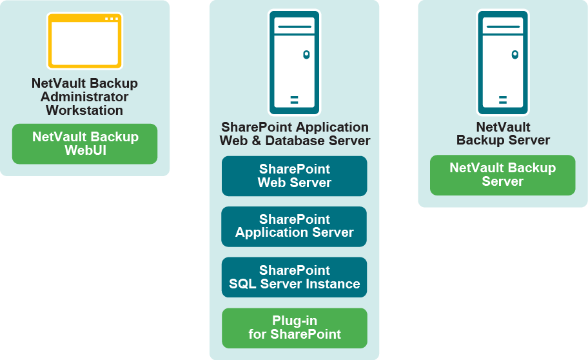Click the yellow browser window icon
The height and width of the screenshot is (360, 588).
pos(84,41)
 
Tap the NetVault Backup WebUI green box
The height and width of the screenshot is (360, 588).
pos(84,143)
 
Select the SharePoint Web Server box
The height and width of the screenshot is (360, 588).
pos(294,175)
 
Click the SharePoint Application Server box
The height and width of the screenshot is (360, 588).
pos(294,226)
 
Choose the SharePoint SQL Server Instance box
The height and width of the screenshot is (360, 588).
pos(294,277)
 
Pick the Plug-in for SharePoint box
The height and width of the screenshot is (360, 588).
pos(294,328)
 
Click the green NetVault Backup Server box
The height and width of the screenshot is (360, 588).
pos(502,174)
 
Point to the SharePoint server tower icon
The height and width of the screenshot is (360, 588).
pos(294,62)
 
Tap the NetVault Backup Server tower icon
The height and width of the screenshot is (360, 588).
pos(503,62)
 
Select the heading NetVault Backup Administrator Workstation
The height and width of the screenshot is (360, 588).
pos(84,97)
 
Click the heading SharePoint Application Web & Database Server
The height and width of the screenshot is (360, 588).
pos(295,134)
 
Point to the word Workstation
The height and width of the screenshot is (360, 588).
pos(84,110)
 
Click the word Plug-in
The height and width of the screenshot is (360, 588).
pos(294,321)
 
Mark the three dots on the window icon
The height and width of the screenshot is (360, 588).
pos(112,19)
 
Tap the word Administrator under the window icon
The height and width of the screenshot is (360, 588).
pos(84,97)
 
